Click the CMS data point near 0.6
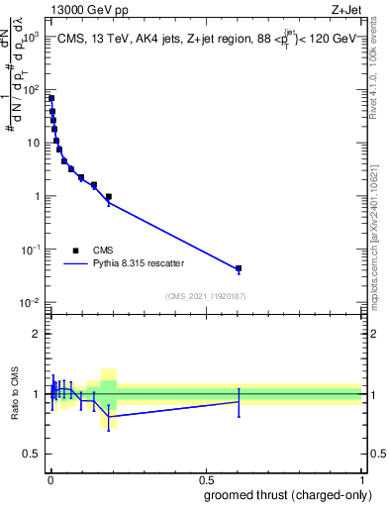(239, 268)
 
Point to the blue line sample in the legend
(76, 264)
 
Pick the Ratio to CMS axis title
(15, 394)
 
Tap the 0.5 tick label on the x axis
(206, 480)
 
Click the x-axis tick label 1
(362, 480)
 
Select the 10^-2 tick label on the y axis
(31, 302)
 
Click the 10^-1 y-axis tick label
(31, 250)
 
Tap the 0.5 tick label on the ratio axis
(33, 454)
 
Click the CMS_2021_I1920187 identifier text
(205, 296)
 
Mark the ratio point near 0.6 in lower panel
(239, 401)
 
